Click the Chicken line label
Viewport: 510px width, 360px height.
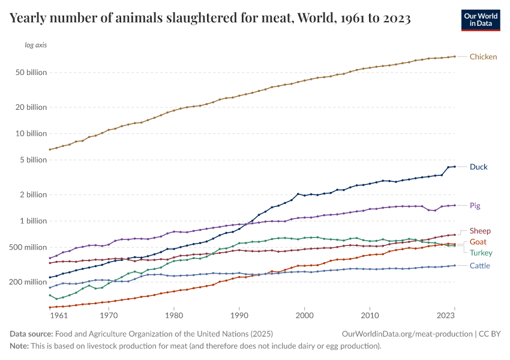click(483, 57)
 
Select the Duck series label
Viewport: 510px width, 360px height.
click(479, 167)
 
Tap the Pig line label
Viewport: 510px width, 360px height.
click(475, 206)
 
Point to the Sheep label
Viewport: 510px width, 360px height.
click(481, 231)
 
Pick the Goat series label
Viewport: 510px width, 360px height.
click(478, 242)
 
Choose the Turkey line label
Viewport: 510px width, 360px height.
click(481, 253)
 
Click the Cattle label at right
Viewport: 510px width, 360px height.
click(480, 266)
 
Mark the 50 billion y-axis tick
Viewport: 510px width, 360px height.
click(30, 73)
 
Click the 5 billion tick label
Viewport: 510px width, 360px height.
click(32, 160)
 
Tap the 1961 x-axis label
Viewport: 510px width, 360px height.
click(58, 314)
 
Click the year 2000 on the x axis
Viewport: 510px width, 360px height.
click(305, 314)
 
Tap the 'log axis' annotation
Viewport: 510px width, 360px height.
click(36, 45)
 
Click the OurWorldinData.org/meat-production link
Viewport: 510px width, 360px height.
click(406, 334)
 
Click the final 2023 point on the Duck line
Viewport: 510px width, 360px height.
click(454, 166)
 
